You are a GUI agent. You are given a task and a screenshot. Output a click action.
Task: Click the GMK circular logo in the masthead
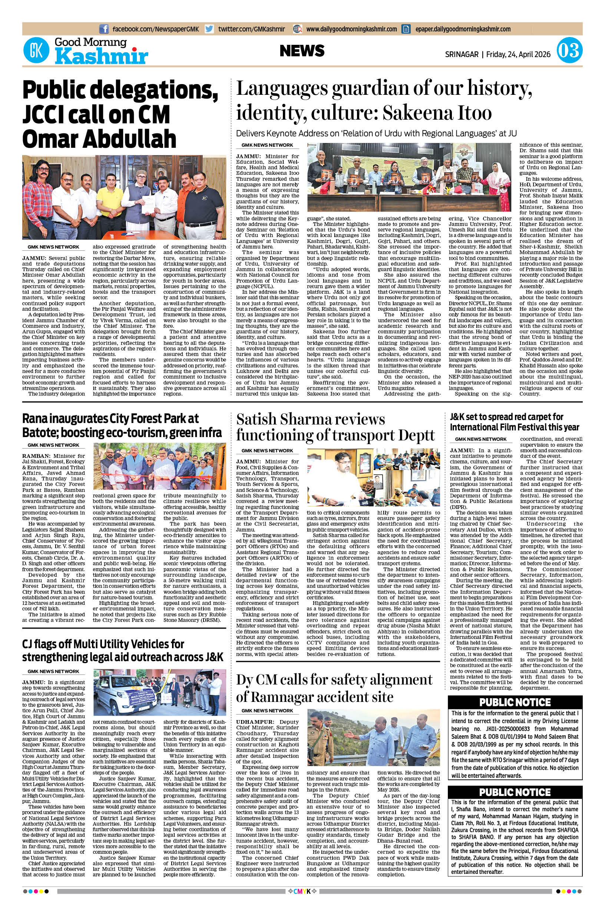point(37,50)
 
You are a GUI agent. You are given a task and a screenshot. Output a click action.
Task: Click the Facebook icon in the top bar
point(104,29)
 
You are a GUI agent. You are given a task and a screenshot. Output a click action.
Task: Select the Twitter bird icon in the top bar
point(209,29)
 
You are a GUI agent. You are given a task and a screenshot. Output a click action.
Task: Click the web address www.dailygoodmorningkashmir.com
point(351,29)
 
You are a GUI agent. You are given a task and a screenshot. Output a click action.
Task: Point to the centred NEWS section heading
point(302,51)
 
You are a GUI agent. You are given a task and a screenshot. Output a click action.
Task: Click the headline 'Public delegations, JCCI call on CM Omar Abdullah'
point(120,114)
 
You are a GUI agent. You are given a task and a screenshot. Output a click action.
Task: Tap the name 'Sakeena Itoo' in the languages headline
point(437,113)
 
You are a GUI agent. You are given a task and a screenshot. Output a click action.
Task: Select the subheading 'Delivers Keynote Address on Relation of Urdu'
point(376,133)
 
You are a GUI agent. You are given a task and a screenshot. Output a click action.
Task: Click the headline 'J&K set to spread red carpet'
point(514,422)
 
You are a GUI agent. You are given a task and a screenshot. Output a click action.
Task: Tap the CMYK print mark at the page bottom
point(302,899)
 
